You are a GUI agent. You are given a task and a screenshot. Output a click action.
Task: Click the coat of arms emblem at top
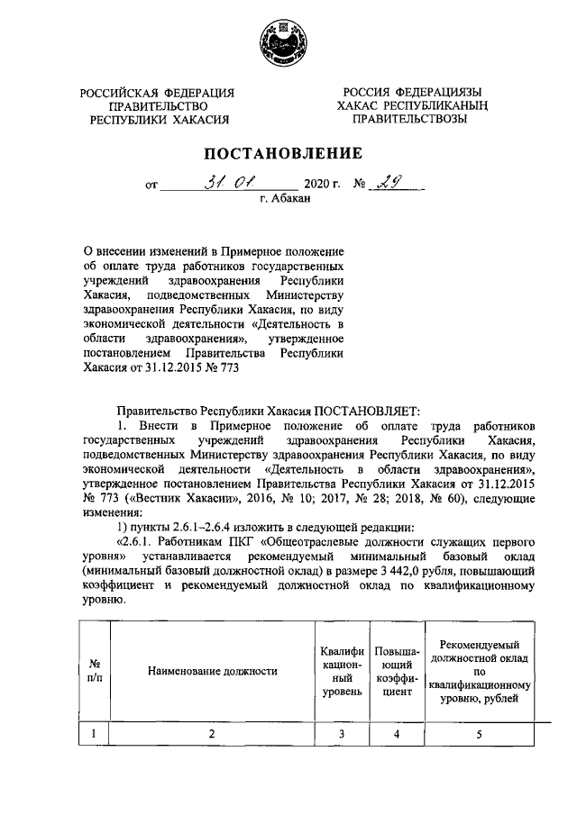(x=288, y=41)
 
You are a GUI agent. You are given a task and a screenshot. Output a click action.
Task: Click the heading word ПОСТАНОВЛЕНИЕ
(x=288, y=152)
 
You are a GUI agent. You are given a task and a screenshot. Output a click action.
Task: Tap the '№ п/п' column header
(x=93, y=670)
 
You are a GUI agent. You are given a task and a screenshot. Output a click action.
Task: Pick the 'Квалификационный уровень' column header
(x=342, y=670)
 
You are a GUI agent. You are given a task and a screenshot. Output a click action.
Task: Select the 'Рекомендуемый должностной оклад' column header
(x=479, y=670)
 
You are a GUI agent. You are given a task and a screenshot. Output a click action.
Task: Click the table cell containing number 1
(x=93, y=734)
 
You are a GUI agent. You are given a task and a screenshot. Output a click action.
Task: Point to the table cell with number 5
(x=479, y=734)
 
